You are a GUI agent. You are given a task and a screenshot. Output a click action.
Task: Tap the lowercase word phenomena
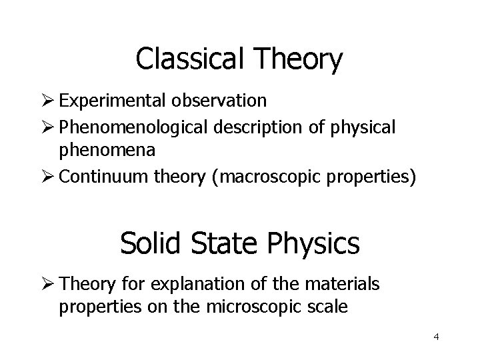(x=107, y=150)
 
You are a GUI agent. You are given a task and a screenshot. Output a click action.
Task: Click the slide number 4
(x=436, y=337)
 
